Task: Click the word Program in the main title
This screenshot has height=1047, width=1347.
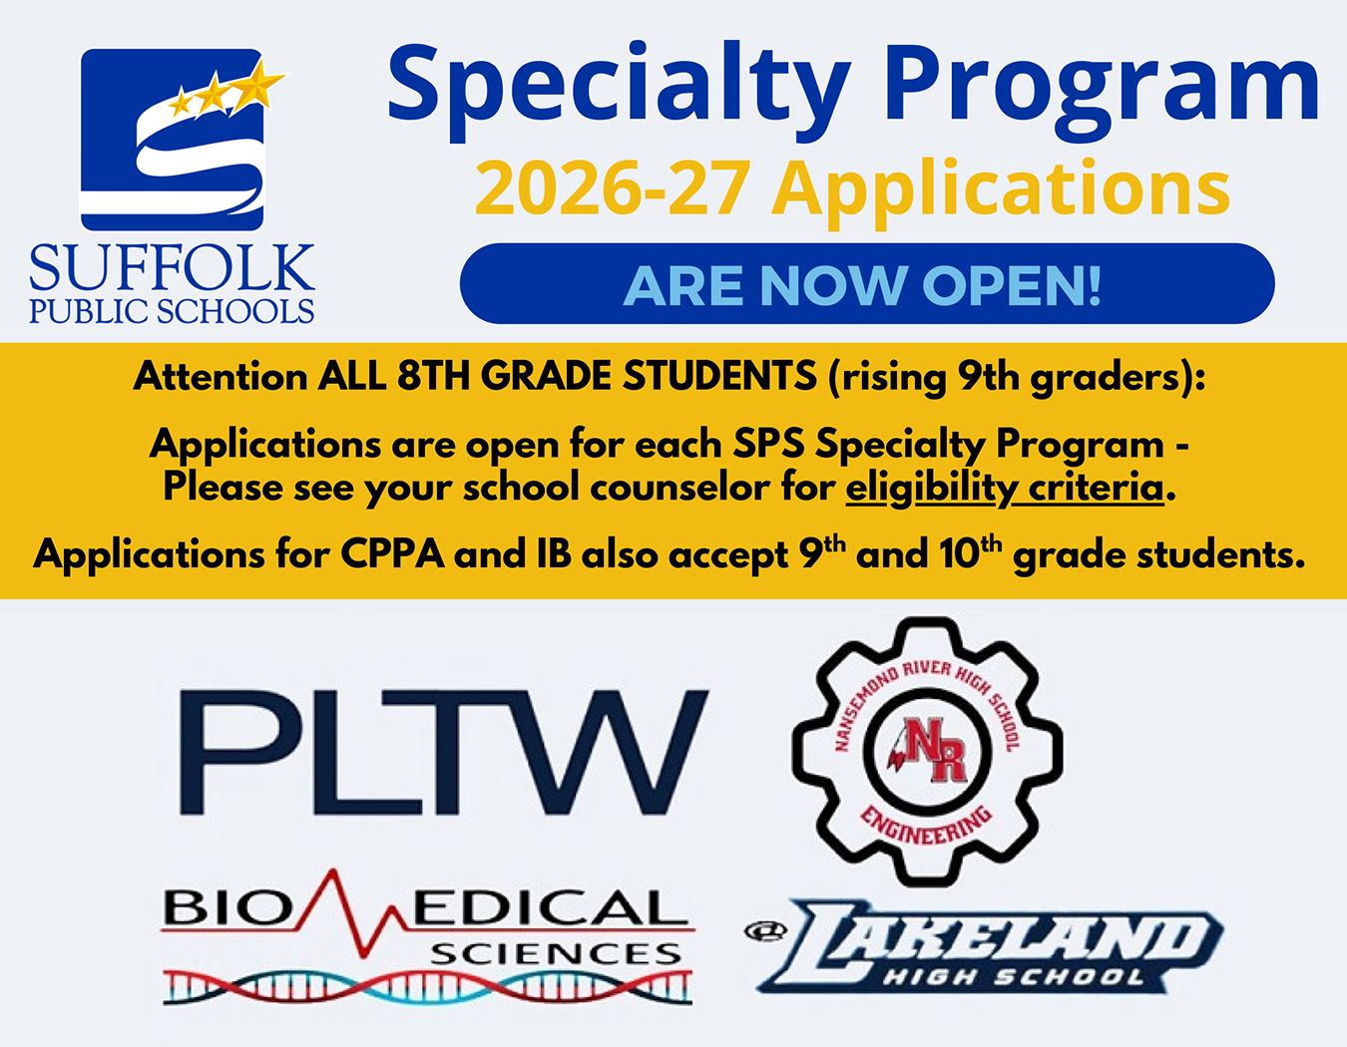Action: [x=1103, y=85]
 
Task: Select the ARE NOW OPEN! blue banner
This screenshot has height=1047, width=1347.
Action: [x=866, y=284]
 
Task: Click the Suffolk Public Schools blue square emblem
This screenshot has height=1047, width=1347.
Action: [x=172, y=140]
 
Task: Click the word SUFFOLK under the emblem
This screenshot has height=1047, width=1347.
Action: [x=172, y=269]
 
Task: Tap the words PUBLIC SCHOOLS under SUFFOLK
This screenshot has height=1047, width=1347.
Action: [x=172, y=310]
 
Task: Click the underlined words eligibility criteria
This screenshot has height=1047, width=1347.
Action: [x=1005, y=489]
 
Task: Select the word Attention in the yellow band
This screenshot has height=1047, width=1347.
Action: [x=221, y=377]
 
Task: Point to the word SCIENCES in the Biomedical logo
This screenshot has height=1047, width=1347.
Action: [x=555, y=954]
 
